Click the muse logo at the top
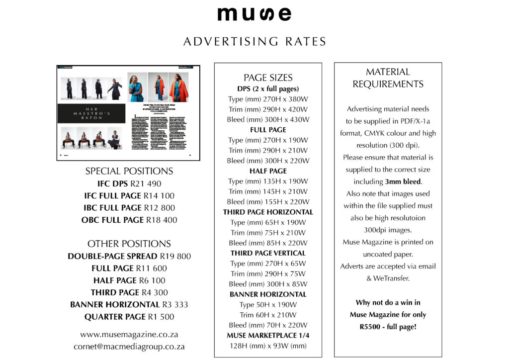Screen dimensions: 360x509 click(x=254, y=13)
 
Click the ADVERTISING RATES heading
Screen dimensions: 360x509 click(x=254, y=41)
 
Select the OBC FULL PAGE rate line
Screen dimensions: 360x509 click(x=129, y=220)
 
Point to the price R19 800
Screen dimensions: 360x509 click(x=175, y=257)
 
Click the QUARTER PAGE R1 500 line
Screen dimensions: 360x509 click(x=129, y=317)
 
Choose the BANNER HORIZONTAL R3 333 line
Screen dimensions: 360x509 click(x=129, y=304)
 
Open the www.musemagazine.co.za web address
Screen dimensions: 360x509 click(x=129, y=334)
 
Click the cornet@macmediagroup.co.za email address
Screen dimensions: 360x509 click(x=129, y=347)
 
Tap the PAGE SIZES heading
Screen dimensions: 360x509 click(x=268, y=78)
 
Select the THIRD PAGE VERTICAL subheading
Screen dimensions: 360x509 click(x=268, y=253)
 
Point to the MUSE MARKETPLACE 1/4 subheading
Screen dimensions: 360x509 click(x=268, y=335)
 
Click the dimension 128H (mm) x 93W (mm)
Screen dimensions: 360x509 click(x=268, y=346)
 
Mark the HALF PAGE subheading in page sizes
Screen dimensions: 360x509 click(x=268, y=171)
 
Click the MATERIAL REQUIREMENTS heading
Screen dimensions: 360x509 click(x=388, y=78)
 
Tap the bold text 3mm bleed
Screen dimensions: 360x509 click(x=403, y=181)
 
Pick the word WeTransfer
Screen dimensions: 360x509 click(x=392, y=278)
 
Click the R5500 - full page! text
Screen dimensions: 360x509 click(x=388, y=327)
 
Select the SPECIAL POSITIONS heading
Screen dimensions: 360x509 click(x=129, y=171)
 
